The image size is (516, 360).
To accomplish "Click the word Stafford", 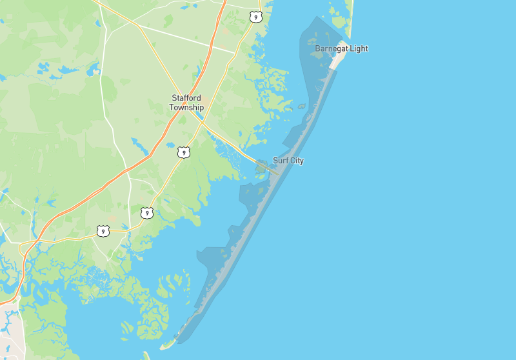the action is click(x=186, y=98).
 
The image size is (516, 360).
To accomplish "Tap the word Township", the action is click(x=186, y=107).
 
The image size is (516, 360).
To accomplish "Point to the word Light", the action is click(x=359, y=48).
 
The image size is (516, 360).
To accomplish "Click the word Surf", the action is click(x=281, y=160).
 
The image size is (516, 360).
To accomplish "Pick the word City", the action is click(x=297, y=160).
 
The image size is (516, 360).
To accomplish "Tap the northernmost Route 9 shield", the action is click(x=257, y=16).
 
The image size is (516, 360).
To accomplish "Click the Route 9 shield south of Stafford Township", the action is click(x=184, y=152).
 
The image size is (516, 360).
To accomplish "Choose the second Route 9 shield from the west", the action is click(x=147, y=212).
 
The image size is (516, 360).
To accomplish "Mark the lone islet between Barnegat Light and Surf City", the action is click(x=301, y=106).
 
